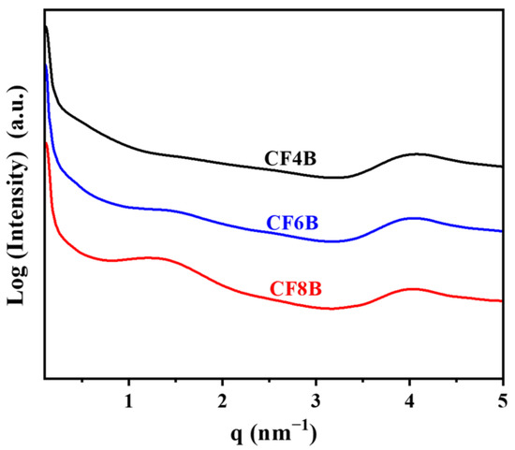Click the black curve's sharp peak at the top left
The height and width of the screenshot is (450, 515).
[x=46, y=28]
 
